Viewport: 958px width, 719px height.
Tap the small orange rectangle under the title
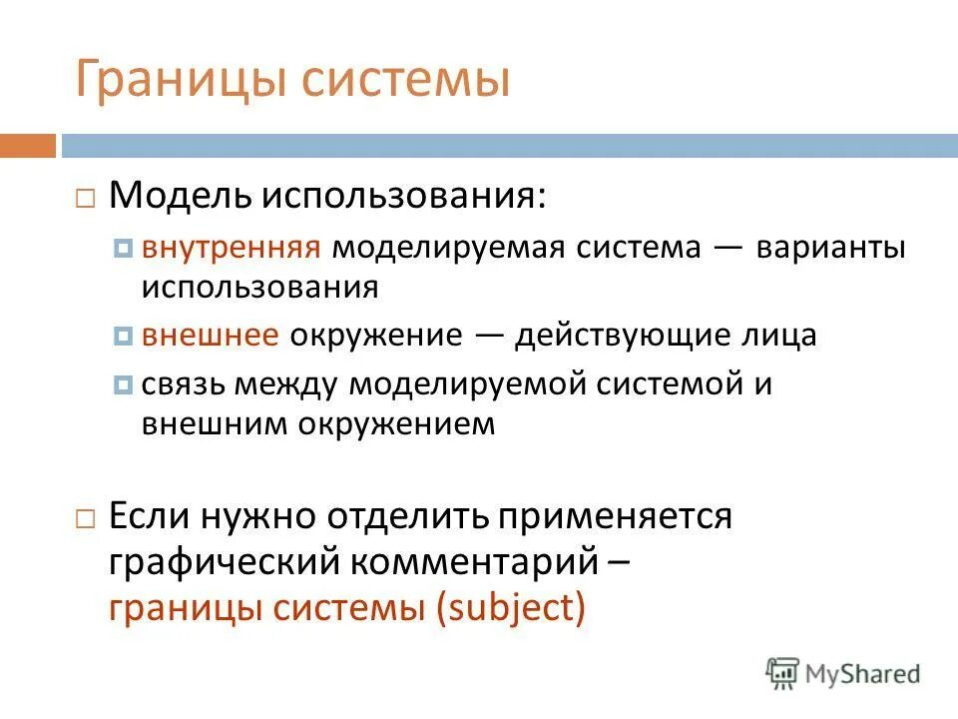[27, 146]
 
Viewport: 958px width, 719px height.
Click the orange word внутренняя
[231, 248]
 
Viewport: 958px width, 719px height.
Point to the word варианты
[830, 248]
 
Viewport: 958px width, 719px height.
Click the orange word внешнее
[210, 335]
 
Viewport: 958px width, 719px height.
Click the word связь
[179, 383]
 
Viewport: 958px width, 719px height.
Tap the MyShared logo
[843, 674]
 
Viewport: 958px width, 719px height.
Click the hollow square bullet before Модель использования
[85, 197]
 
